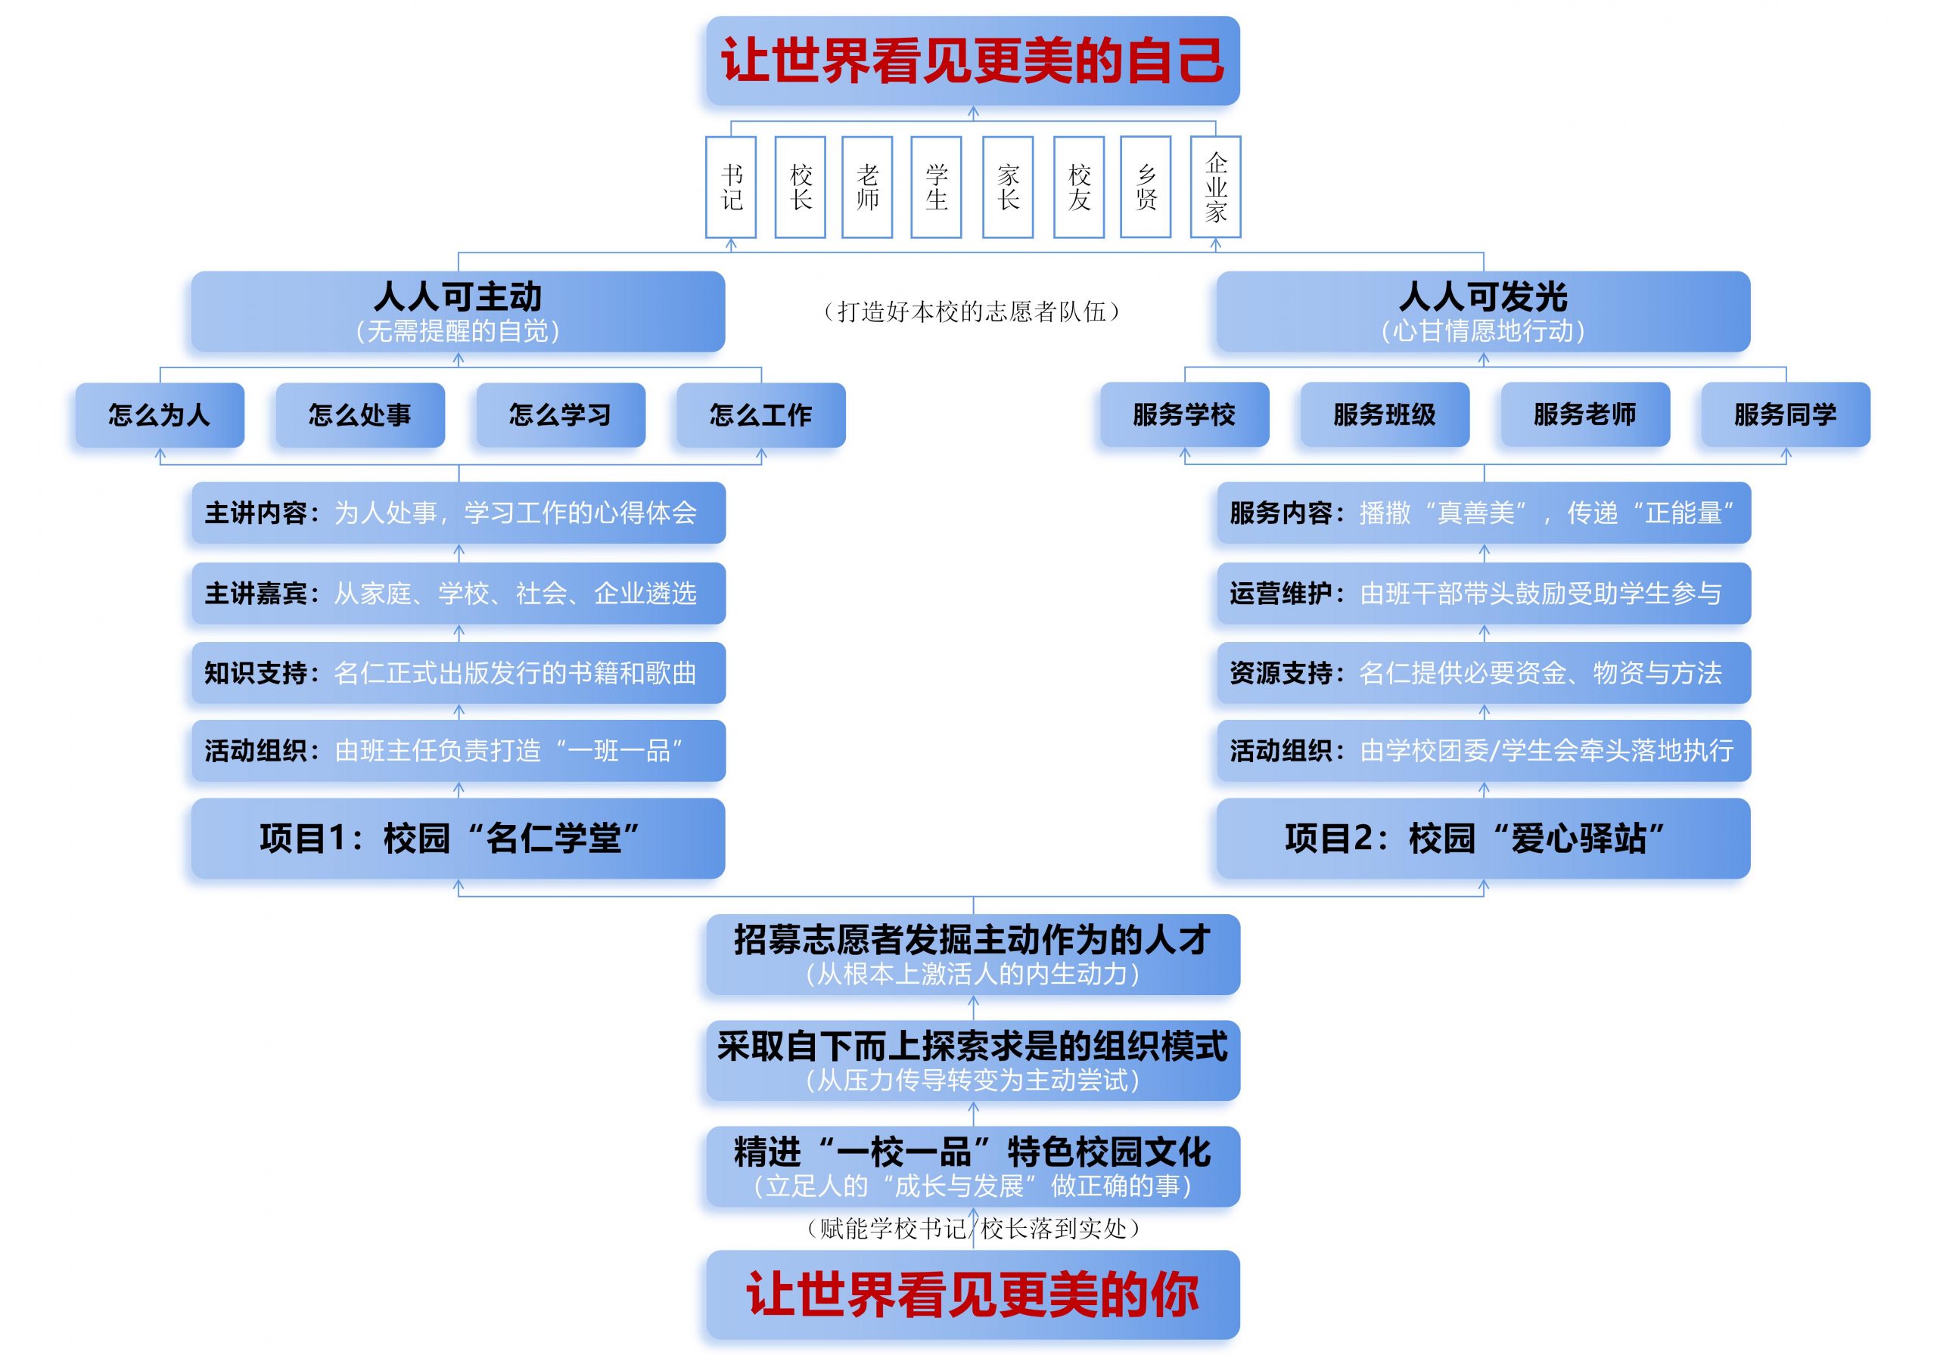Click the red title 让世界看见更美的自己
(973, 60)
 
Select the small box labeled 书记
(731, 188)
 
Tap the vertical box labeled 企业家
(1215, 188)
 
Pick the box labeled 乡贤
(1146, 188)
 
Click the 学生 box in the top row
(937, 188)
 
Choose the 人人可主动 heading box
(458, 311)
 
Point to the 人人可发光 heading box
(1483, 311)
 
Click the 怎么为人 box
(160, 415)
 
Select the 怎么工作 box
(761, 415)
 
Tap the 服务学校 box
(1184, 414)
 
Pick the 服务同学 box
(1785, 414)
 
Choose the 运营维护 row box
(1484, 593)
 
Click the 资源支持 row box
(1484, 673)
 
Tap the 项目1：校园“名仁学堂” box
(458, 838)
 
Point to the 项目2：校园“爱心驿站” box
(1483, 838)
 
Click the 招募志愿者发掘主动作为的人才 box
(973, 954)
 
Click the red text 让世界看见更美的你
(973, 1295)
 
